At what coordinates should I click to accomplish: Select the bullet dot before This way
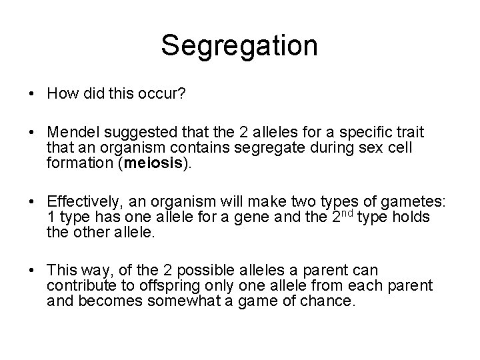click(33, 271)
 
